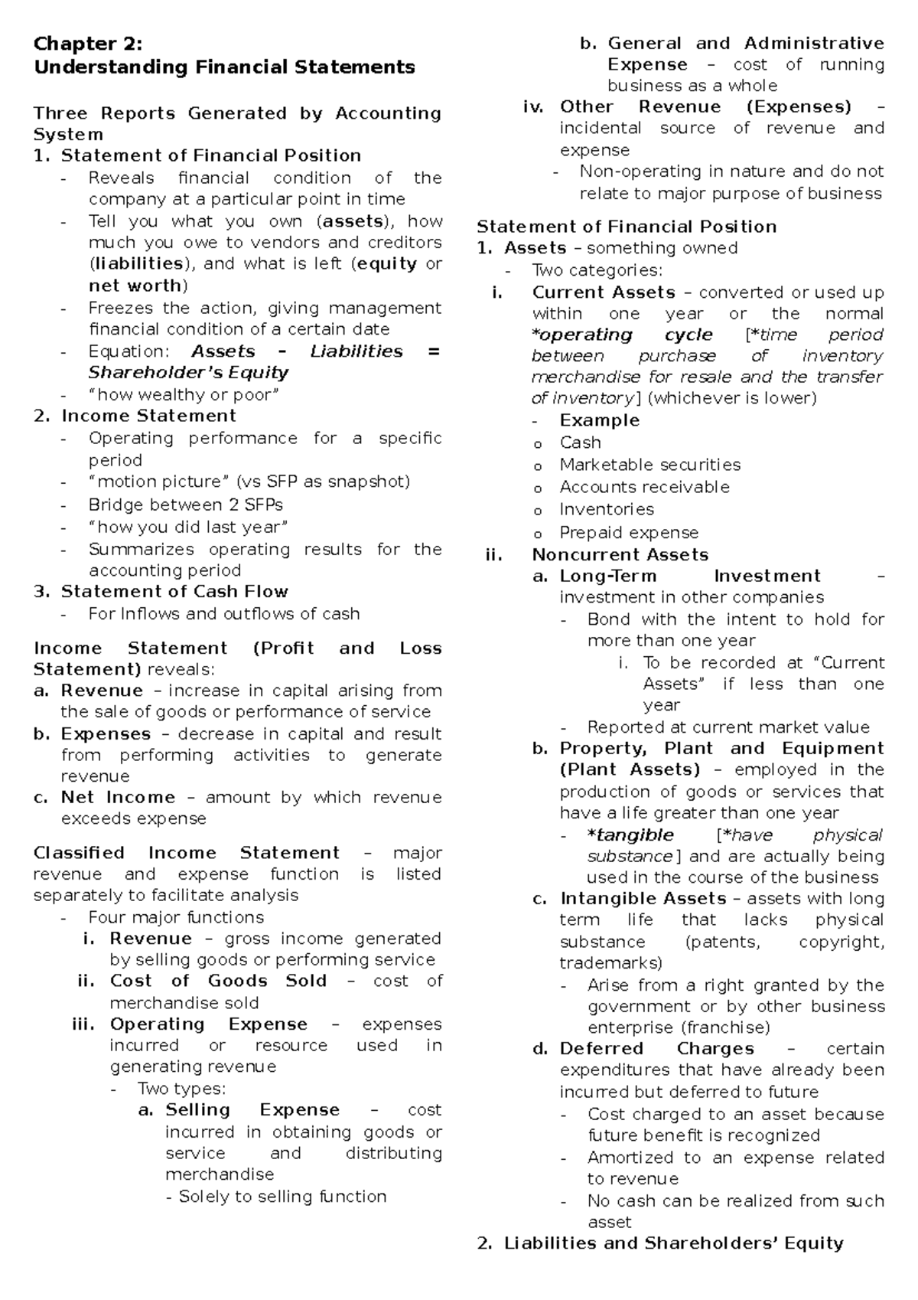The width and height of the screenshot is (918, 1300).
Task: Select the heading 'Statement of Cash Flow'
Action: point(174,592)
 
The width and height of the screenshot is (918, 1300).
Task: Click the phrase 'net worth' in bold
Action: point(135,286)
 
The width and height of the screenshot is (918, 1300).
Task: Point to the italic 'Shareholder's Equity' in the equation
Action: point(188,373)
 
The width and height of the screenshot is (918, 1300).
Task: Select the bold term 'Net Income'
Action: point(118,798)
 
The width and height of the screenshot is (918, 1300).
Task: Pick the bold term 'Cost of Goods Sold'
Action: point(218,982)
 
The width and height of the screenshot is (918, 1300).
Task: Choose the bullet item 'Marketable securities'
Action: point(649,465)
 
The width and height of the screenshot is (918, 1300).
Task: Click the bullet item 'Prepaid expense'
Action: point(629,533)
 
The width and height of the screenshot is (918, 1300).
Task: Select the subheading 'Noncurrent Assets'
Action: point(620,555)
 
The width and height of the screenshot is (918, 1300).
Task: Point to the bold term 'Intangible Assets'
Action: point(643,899)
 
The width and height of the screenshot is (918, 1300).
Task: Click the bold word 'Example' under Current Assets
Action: point(599,420)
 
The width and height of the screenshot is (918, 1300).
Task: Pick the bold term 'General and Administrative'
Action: point(745,43)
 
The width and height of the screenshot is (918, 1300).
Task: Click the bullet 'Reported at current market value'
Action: point(728,727)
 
